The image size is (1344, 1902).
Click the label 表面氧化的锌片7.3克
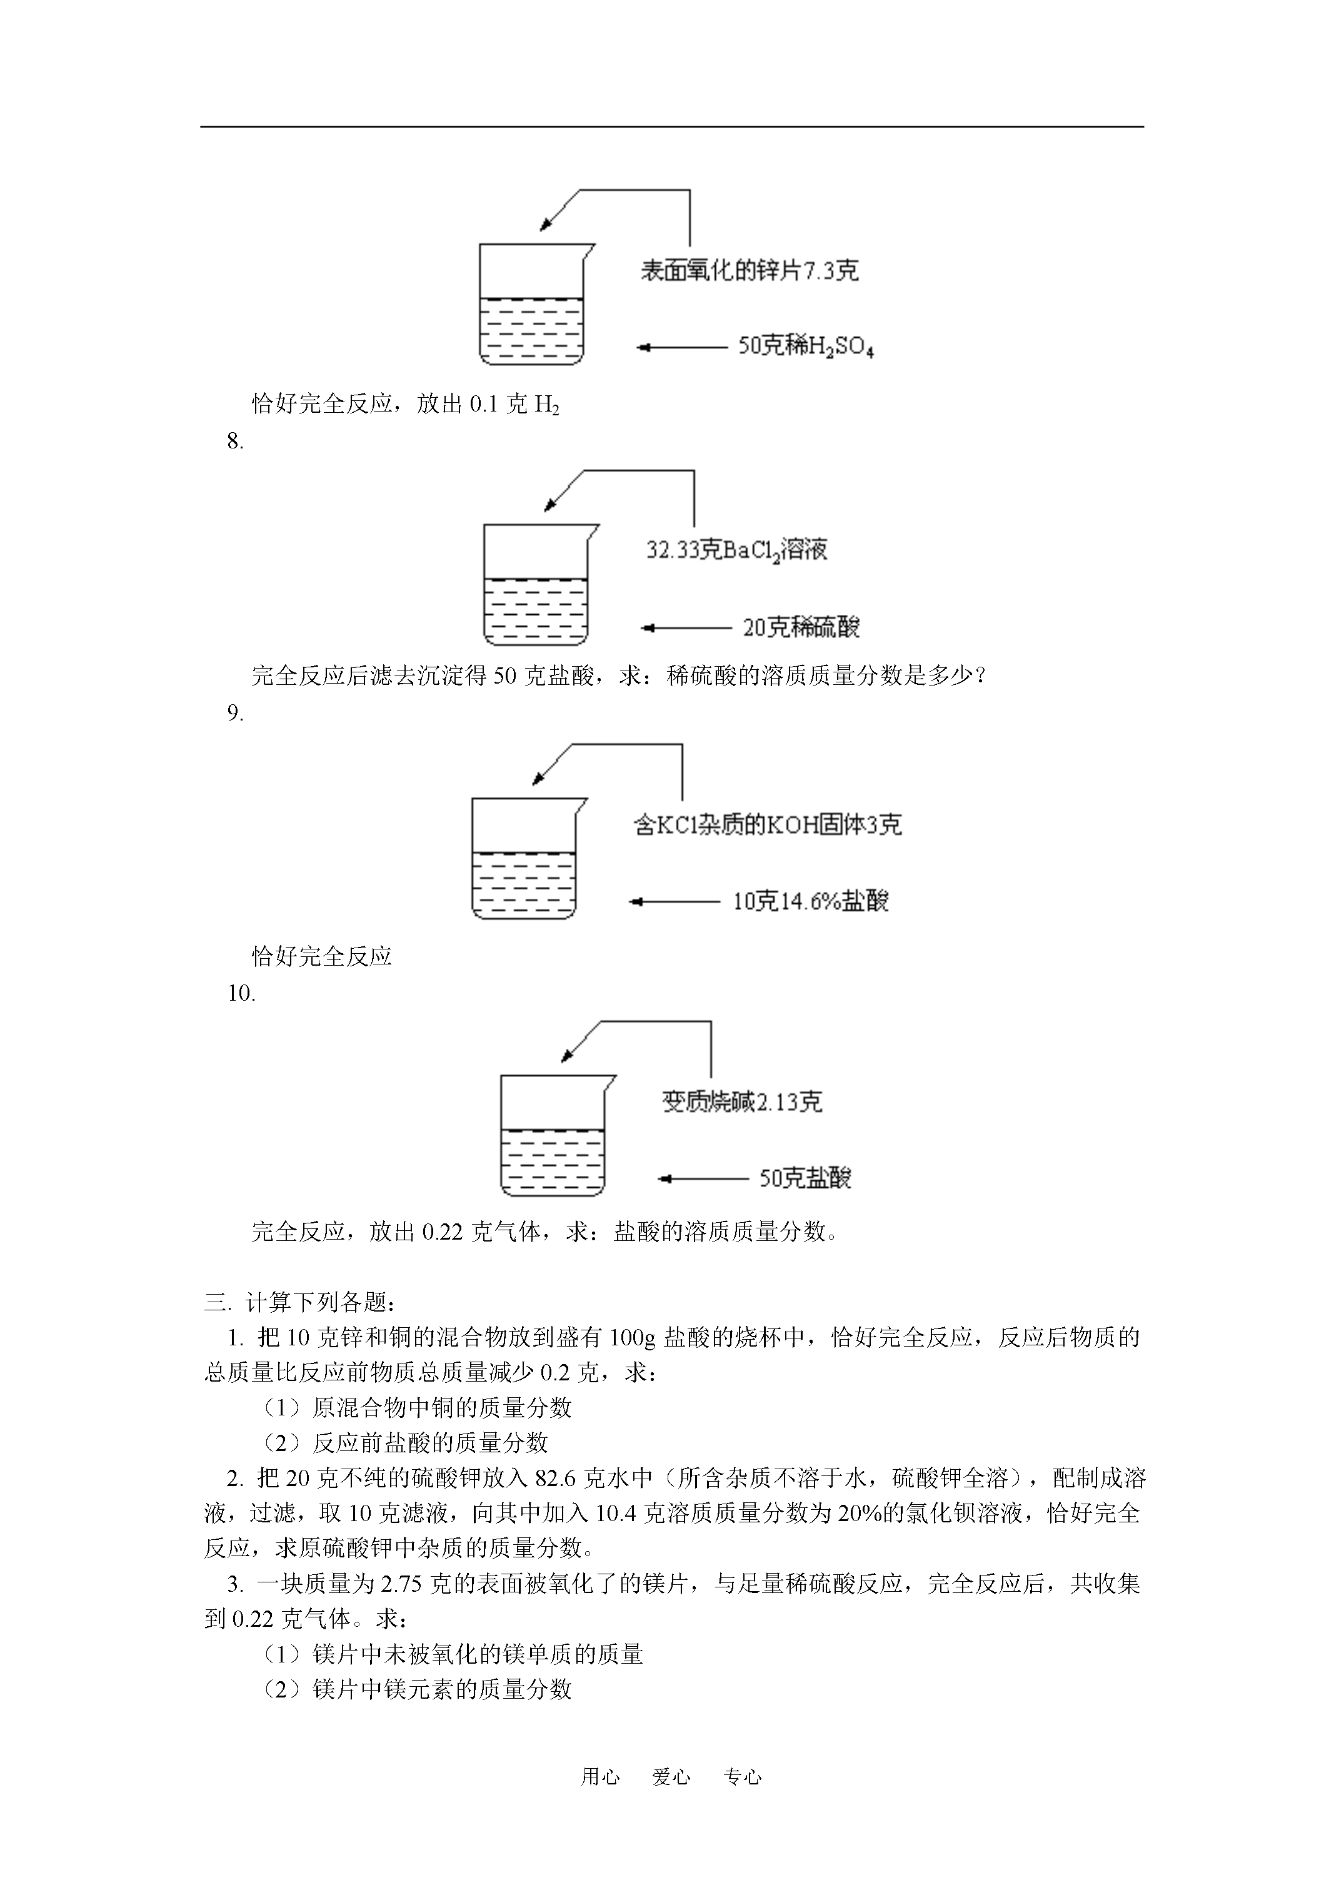pos(749,271)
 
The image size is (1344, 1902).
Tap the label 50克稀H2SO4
pos(806,347)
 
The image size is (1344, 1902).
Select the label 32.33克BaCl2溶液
pos(736,550)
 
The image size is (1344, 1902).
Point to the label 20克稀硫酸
pos(801,627)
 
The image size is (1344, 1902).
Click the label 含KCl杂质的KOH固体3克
pos(768,825)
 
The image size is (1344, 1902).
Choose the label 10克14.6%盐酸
pos(810,901)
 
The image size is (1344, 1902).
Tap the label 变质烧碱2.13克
pos(742,1102)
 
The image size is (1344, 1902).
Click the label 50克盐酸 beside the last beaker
pos(805,1177)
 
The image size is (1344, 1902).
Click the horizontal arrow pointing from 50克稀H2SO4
pos(681,348)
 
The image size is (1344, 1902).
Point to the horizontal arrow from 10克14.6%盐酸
pos(674,901)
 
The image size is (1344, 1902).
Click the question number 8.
pos(235,442)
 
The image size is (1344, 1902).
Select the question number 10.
pos(241,993)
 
